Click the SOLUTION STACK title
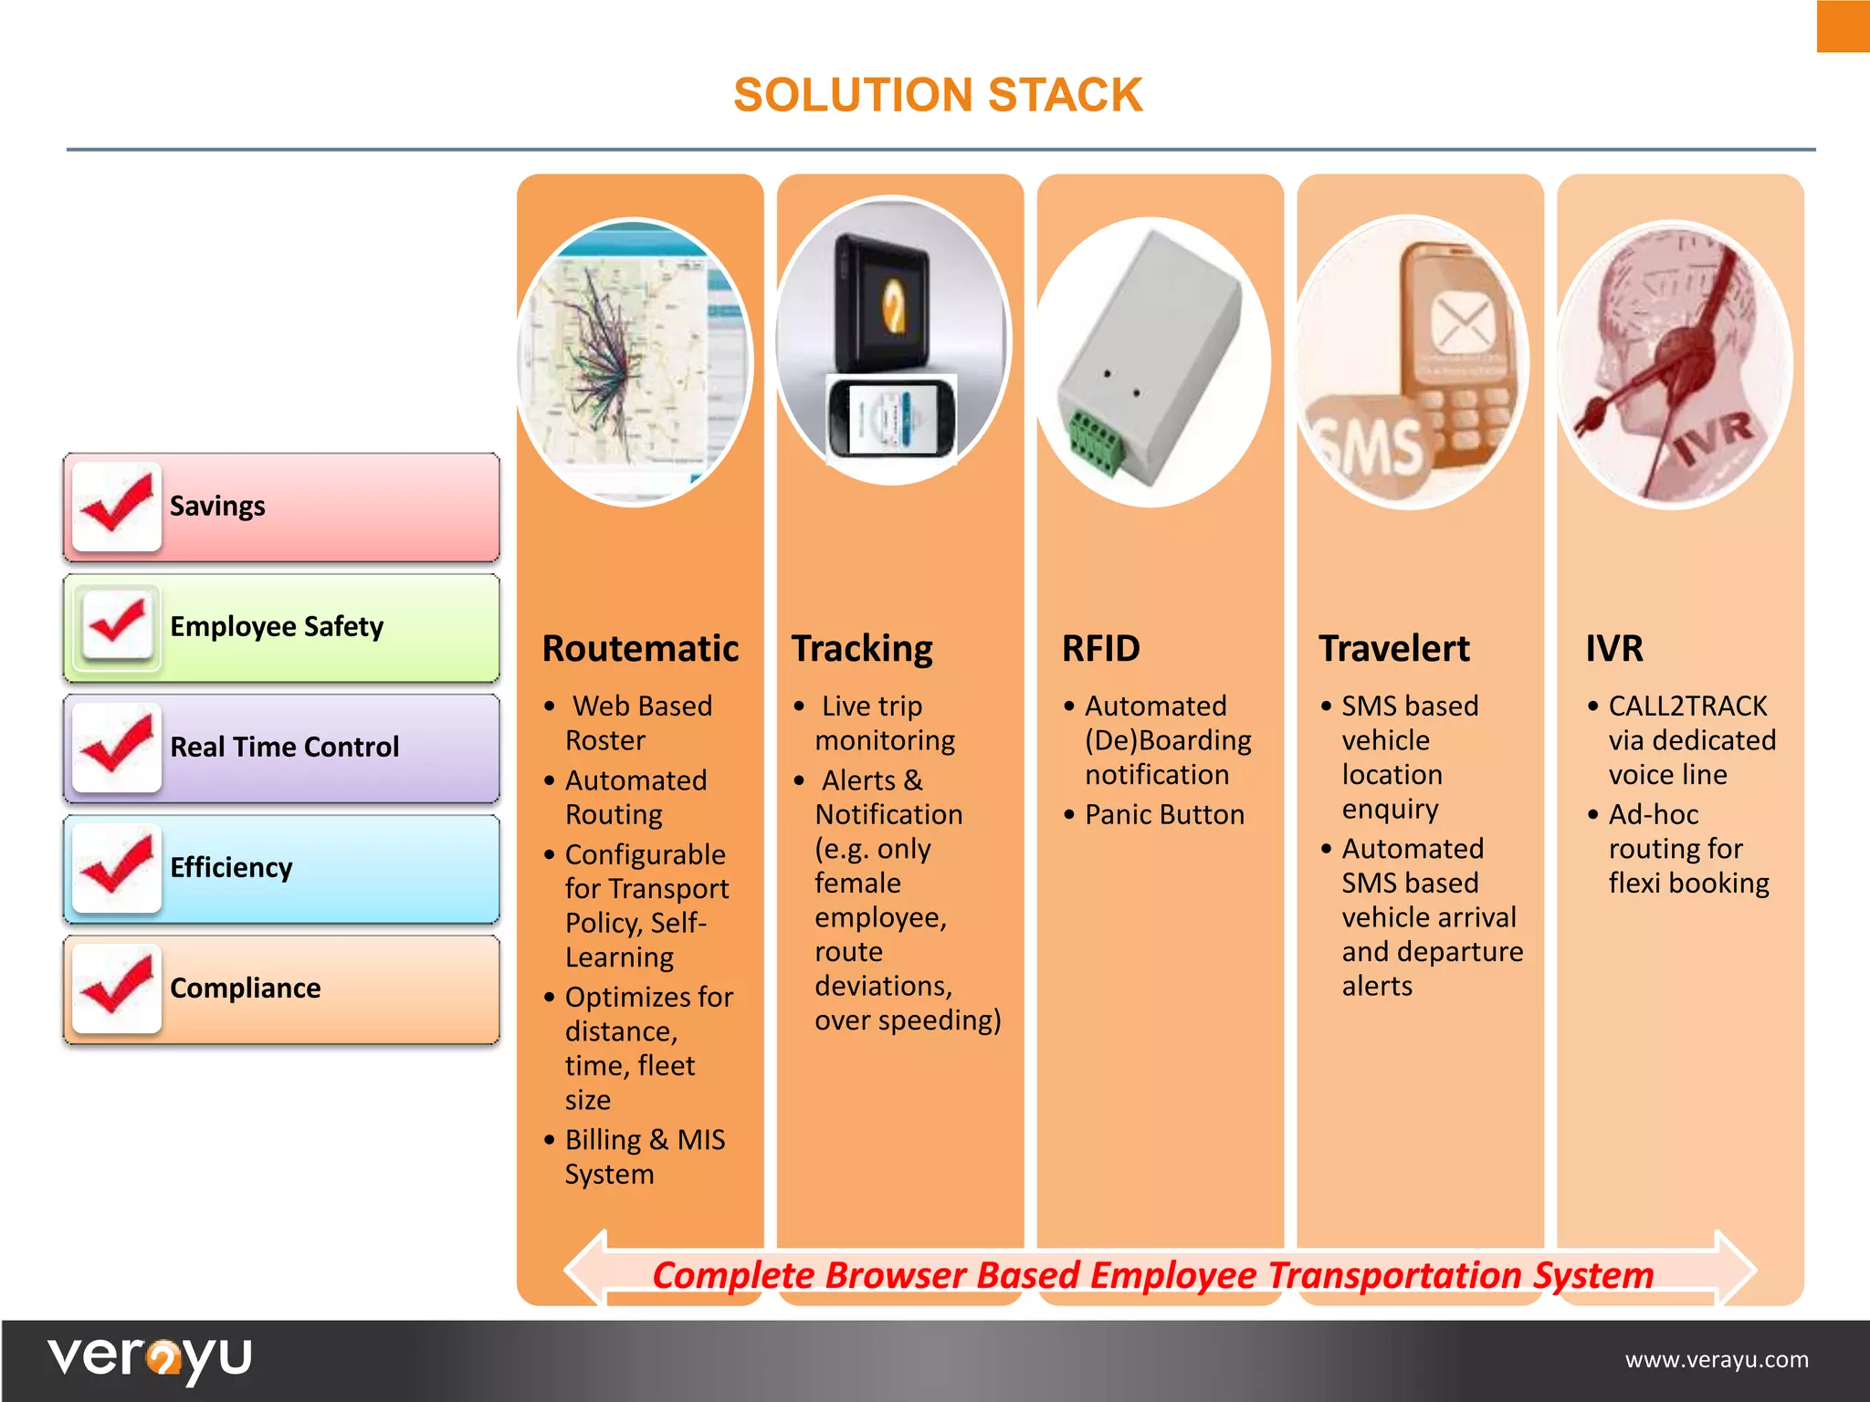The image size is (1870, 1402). click(x=938, y=96)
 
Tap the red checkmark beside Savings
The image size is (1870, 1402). click(x=116, y=504)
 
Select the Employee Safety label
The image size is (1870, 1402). click(x=277, y=626)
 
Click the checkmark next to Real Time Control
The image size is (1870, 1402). click(x=116, y=745)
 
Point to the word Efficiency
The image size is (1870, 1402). click(x=231, y=867)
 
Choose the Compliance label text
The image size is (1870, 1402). click(x=245, y=988)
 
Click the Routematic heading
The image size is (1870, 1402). click(x=640, y=648)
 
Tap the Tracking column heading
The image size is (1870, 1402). click(x=862, y=648)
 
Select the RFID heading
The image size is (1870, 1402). click(x=1100, y=648)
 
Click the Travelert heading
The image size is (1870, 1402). click(x=1394, y=648)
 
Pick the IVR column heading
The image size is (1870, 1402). click(x=1613, y=648)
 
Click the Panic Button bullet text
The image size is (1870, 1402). click(x=1164, y=814)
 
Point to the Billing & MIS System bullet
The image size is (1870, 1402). click(x=644, y=1156)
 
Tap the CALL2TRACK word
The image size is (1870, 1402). click(x=1687, y=706)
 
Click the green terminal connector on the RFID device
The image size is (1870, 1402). click(x=1095, y=442)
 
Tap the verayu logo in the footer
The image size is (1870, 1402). click(x=150, y=1357)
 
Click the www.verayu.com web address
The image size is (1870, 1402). click(x=1716, y=1359)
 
